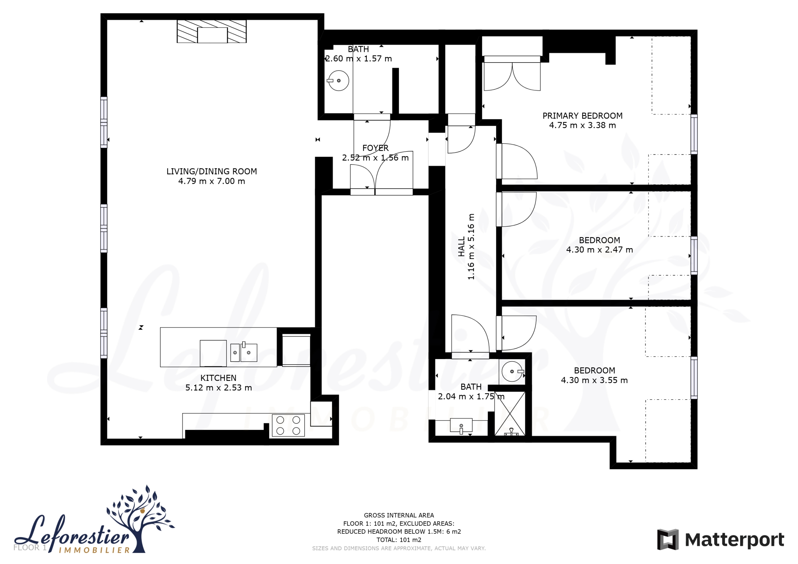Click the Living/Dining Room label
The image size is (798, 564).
[211, 171]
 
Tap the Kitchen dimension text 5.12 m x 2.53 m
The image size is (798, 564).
[218, 388]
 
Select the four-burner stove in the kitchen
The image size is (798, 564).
[288, 425]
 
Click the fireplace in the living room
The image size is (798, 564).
[212, 31]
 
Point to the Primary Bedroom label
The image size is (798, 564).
[583, 116]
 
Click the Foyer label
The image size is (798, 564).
[375, 148]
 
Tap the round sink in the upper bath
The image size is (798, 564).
[338, 81]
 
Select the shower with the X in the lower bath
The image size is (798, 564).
[510, 413]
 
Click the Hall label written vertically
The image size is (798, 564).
[461, 247]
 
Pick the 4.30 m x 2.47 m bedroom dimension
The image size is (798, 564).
[599, 250]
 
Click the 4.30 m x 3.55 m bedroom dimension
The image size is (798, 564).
[594, 380]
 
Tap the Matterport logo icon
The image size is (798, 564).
[668, 539]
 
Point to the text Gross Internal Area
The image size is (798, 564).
[399, 515]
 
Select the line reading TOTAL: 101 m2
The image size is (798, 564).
[399, 540]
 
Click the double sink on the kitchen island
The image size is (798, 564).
[244, 352]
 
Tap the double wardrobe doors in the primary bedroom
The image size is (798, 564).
[512, 76]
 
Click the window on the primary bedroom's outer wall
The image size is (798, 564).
[694, 134]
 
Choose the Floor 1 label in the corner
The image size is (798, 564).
[30, 547]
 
